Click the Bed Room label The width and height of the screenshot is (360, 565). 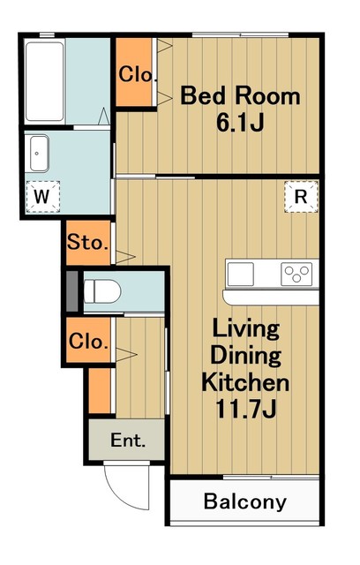[x=240, y=96]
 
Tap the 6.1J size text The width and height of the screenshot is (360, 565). [x=240, y=123]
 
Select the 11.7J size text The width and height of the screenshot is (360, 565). [x=245, y=408]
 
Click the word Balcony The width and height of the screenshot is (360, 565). [x=244, y=501]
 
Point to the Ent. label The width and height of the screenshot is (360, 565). [x=128, y=440]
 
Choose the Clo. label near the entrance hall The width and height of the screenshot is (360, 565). [x=88, y=341]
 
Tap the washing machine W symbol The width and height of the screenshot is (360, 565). [x=42, y=197]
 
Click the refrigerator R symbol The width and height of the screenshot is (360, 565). [x=301, y=197]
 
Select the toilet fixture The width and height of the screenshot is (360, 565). [x=102, y=291]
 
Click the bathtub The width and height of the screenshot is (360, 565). [x=45, y=81]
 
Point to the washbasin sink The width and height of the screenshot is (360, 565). [x=39, y=154]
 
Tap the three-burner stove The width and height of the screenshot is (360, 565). [x=296, y=274]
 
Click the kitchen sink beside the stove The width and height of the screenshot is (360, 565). [x=241, y=275]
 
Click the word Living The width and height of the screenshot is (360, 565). [x=246, y=328]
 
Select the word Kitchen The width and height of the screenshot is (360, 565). [x=245, y=382]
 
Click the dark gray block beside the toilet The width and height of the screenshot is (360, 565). [x=72, y=291]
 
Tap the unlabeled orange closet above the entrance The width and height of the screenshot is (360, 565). [x=100, y=390]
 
